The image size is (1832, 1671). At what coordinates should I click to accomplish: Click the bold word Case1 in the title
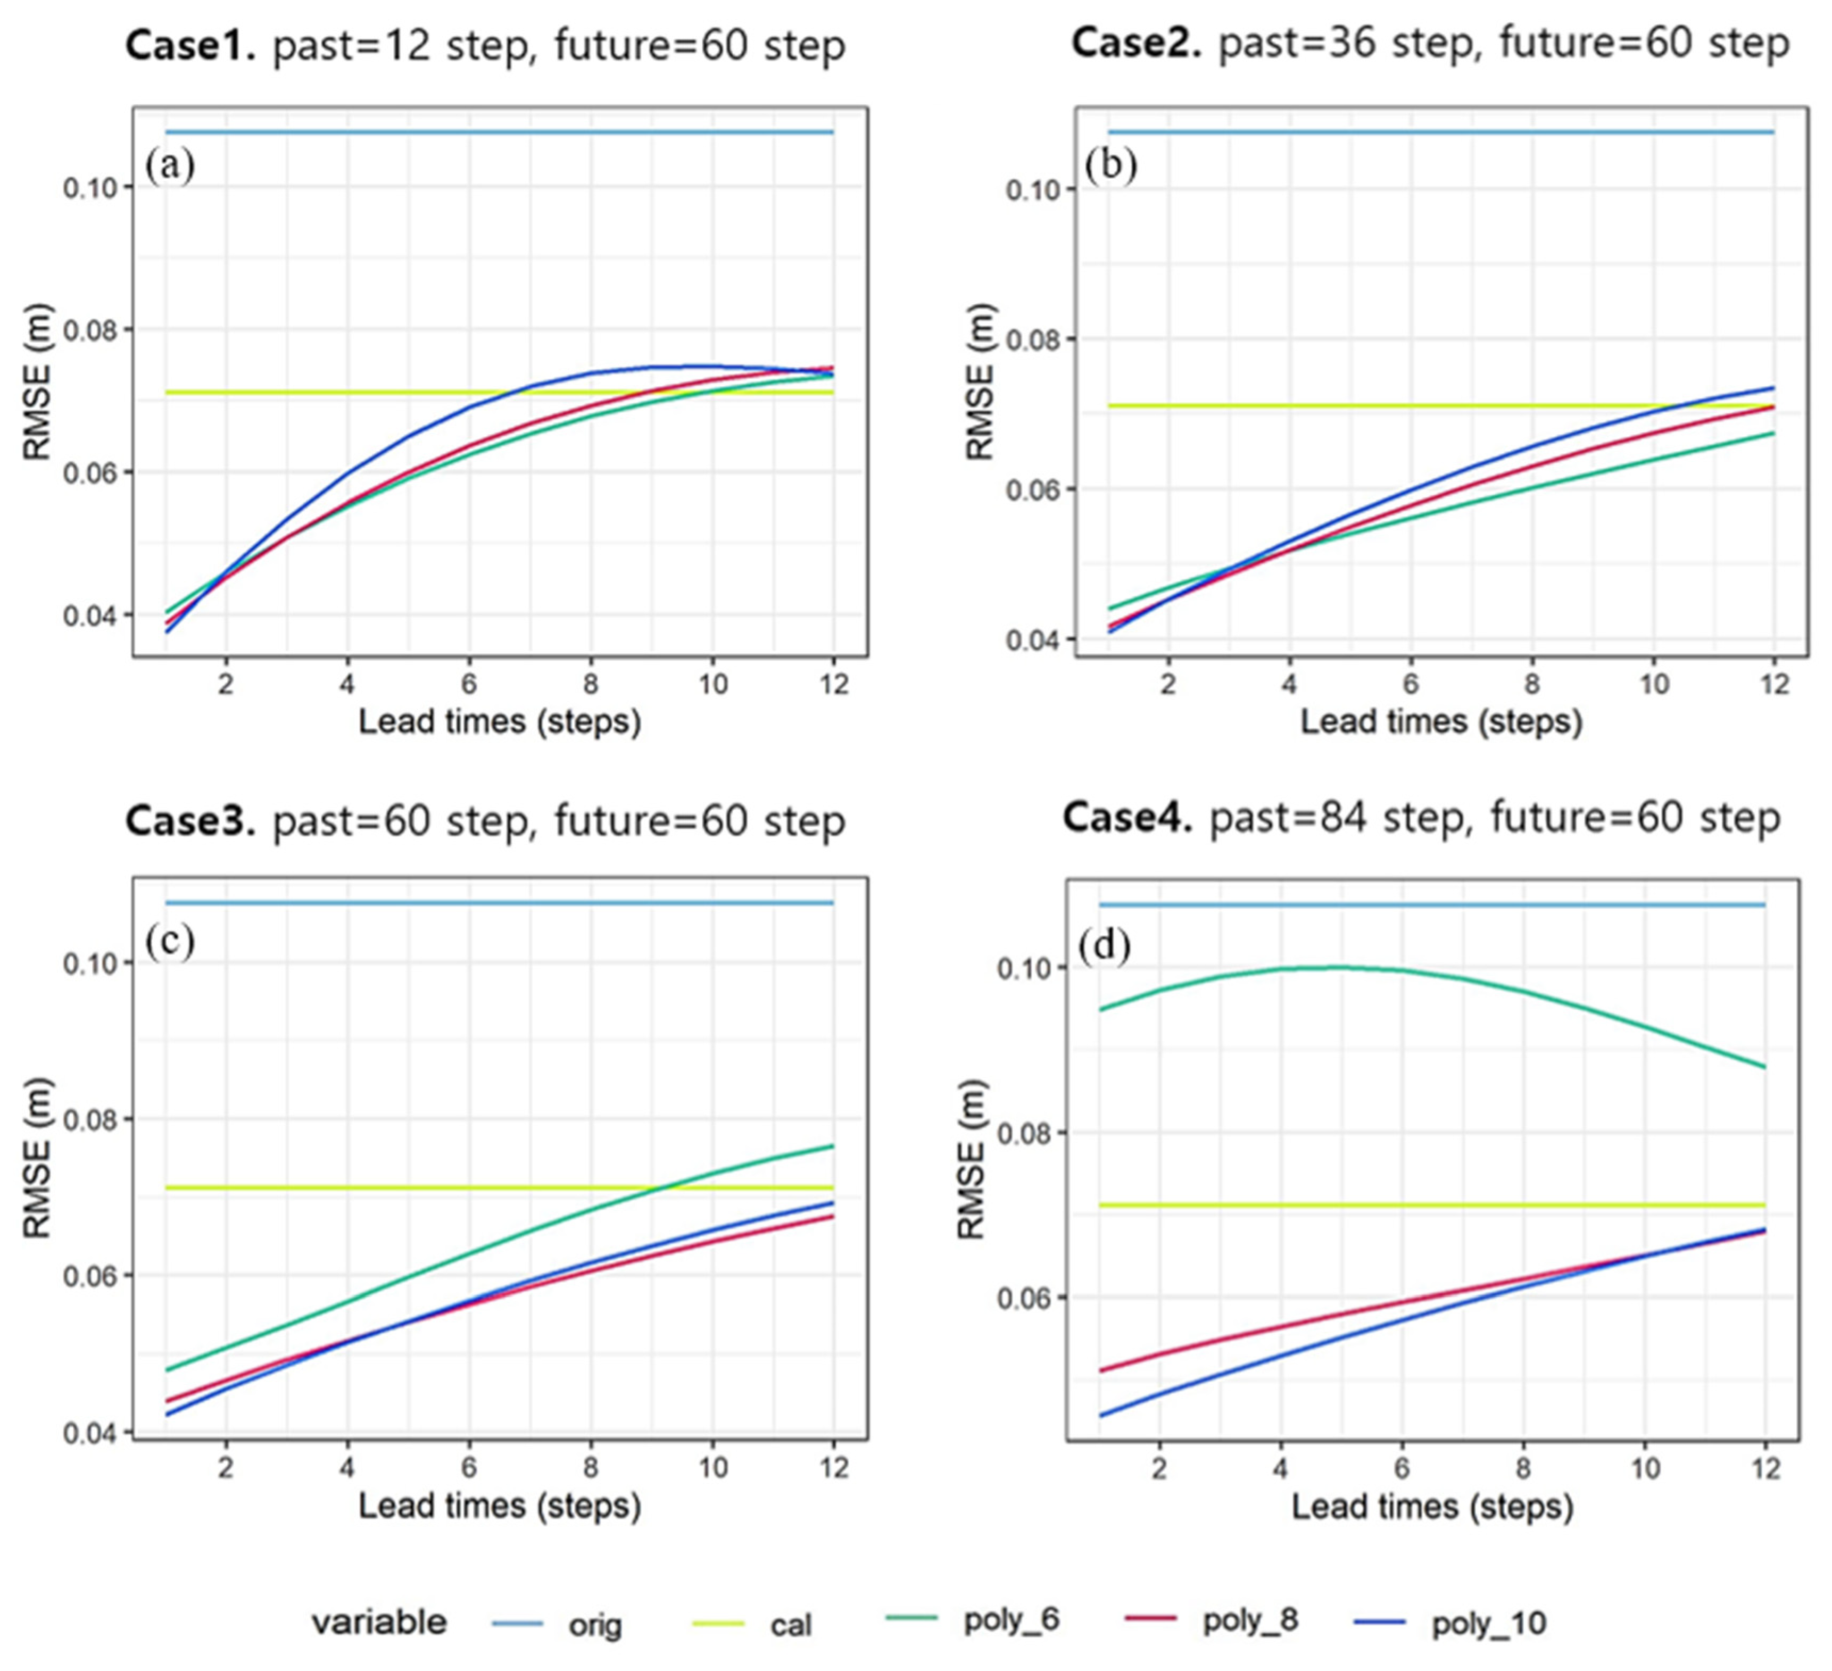[x=191, y=45]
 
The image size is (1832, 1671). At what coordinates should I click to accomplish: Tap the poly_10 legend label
[x=1488, y=1624]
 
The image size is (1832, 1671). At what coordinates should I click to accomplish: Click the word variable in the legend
[x=379, y=1622]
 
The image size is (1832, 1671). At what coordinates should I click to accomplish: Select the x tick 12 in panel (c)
[x=833, y=1467]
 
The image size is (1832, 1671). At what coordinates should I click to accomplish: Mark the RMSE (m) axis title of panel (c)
[x=38, y=1159]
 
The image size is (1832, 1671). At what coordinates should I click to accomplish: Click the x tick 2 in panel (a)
[x=226, y=683]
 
